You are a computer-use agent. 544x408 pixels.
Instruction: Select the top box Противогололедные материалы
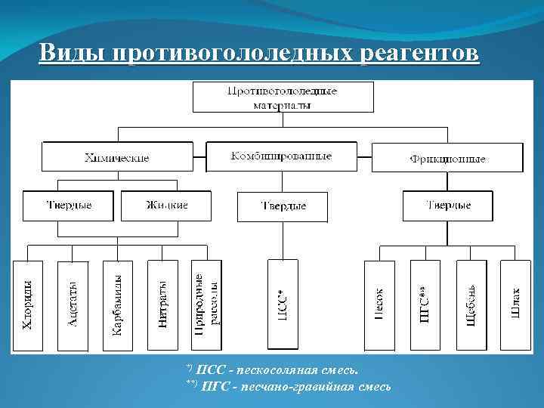[283, 97]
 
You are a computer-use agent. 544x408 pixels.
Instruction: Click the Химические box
[116, 158]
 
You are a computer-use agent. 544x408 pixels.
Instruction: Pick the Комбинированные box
[281, 156]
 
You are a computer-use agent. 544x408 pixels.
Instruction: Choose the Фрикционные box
[447, 159]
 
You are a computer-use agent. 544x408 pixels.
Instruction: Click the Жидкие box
[166, 205]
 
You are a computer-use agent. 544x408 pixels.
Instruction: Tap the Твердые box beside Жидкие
[69, 205]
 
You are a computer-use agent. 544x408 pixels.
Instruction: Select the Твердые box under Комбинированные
[283, 206]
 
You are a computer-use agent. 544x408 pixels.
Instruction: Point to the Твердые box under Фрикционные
[448, 205]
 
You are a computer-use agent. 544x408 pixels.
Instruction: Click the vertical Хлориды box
[28, 305]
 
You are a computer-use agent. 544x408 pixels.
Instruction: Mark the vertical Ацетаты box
[73, 305]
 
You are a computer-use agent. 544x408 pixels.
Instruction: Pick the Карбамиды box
[117, 305]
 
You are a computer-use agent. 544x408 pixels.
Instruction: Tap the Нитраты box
[162, 305]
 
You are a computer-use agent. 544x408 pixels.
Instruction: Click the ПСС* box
[283, 305]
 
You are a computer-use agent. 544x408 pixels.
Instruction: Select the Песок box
[379, 305]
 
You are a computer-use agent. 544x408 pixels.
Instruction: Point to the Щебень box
[470, 305]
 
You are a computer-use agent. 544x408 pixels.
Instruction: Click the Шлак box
[515, 305]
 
